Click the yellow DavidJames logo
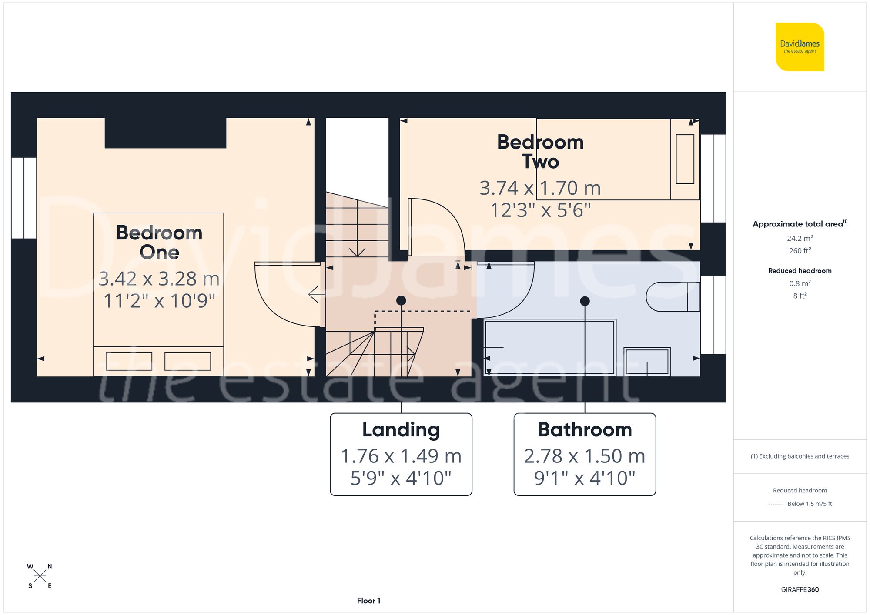[800, 47]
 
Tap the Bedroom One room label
[159, 243]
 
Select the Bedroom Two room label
[540, 152]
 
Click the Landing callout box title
[401, 430]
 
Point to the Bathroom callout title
[585, 430]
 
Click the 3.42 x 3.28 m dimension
[159, 279]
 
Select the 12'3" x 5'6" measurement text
[540, 210]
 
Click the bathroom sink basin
[647, 361]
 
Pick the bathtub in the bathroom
[549, 348]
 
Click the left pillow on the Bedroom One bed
[129, 361]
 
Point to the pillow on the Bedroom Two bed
[685, 159]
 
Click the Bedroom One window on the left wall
[23, 198]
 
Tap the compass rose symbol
[40, 576]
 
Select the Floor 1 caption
[368, 601]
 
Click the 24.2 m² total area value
[800, 238]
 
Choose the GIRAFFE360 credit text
[800, 590]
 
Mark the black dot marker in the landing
[401, 300]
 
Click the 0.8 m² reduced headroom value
[800, 283]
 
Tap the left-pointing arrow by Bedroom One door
[316, 294]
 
